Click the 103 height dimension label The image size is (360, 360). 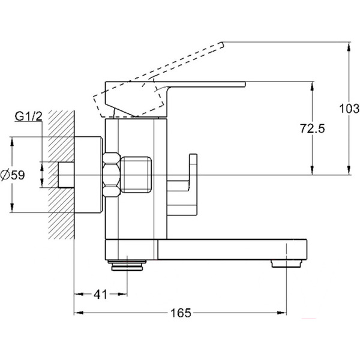click(348, 109)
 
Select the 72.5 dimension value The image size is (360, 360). click(312, 128)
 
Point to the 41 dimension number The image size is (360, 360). click(100, 295)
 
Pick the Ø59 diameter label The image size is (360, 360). click(13, 175)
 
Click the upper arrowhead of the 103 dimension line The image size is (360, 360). click(349, 45)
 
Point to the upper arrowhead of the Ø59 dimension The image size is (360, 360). click(12, 142)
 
